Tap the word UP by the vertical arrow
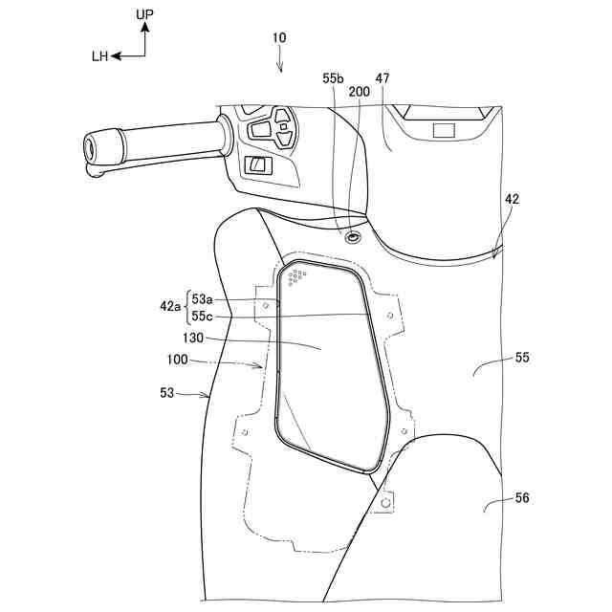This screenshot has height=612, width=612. [x=144, y=16]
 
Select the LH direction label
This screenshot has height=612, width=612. [x=99, y=56]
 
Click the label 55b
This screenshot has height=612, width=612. [x=333, y=77]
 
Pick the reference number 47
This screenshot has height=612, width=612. [x=382, y=77]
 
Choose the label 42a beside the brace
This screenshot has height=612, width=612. [x=170, y=306]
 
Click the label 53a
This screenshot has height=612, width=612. [x=205, y=298]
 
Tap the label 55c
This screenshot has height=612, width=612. [x=205, y=315]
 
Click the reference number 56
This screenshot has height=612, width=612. [x=520, y=497]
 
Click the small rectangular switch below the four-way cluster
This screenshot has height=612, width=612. [x=259, y=164]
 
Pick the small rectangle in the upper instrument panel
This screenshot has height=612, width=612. [x=445, y=129]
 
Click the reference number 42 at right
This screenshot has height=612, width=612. [x=512, y=199]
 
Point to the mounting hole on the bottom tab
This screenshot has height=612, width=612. [x=385, y=501]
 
